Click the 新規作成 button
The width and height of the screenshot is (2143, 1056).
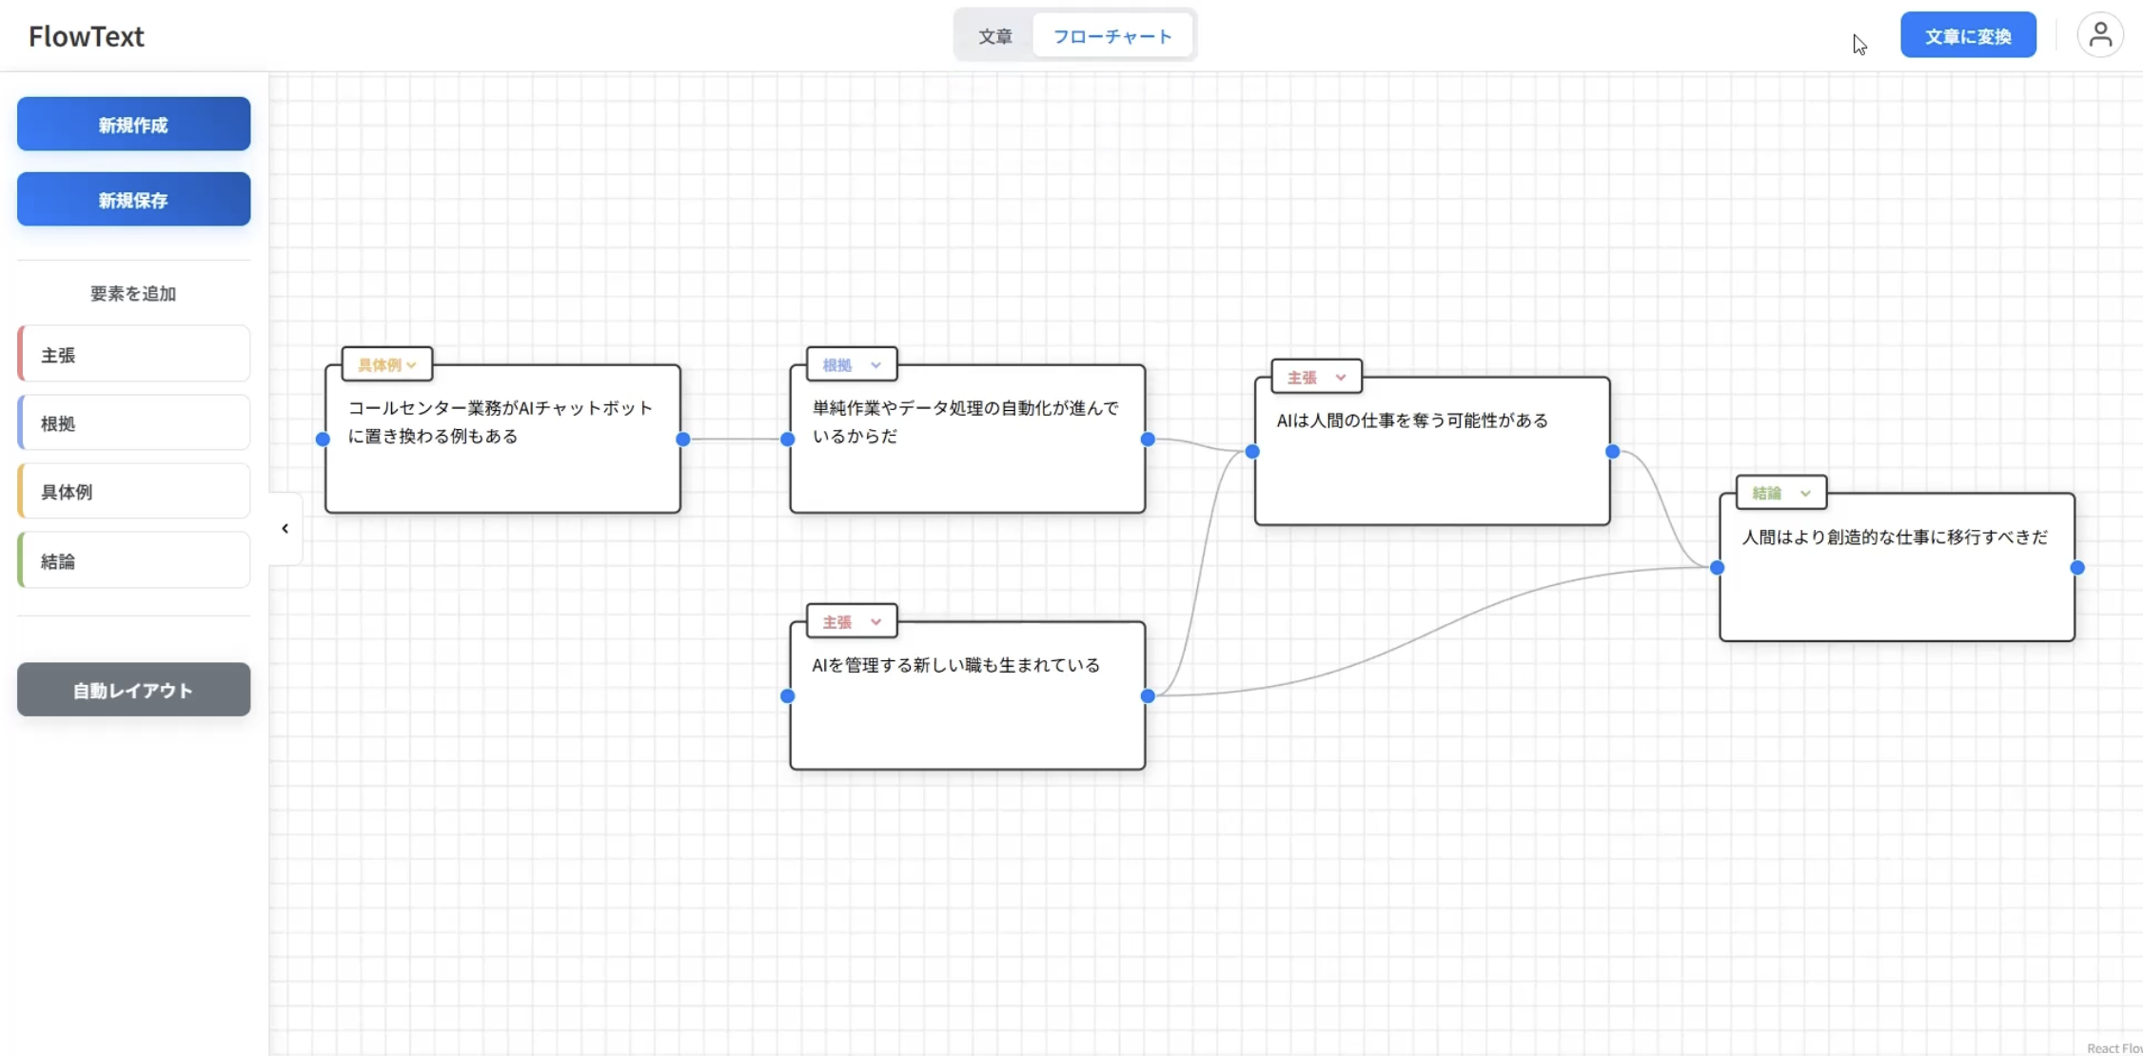click(133, 125)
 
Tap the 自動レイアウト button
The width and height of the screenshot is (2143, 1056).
click(133, 690)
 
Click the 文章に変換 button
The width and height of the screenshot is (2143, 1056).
click(1967, 36)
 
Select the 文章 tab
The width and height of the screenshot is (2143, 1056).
click(994, 36)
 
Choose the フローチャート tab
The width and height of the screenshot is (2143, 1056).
click(1111, 36)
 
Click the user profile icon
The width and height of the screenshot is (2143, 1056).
click(2099, 35)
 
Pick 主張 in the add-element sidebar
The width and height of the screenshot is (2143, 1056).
click(133, 355)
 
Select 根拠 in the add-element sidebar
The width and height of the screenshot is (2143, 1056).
click(133, 423)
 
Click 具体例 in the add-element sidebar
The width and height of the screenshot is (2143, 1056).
click(133, 492)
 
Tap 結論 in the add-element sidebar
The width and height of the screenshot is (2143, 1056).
click(133, 561)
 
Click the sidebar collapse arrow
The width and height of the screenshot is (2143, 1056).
click(285, 529)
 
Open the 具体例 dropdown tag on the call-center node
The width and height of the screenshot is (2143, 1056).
click(386, 364)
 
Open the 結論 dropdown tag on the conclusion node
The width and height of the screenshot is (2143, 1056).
click(1780, 493)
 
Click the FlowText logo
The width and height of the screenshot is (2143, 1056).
click(86, 36)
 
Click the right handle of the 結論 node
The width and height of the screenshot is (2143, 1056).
click(2077, 568)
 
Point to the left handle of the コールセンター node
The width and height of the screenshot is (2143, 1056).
click(323, 439)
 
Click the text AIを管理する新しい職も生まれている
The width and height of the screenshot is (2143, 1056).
click(955, 665)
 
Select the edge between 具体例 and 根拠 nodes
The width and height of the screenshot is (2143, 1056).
click(735, 439)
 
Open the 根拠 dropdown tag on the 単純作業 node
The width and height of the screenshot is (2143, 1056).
click(851, 364)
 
